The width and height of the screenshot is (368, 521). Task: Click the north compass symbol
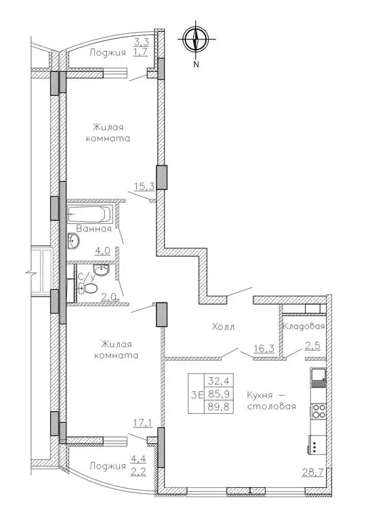196,39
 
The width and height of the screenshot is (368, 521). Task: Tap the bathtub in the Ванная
89,214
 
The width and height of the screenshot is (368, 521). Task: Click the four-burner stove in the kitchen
319,410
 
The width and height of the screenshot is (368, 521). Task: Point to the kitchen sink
319,377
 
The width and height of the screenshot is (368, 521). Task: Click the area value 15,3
144,187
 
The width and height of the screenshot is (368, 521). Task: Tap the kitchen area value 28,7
312,471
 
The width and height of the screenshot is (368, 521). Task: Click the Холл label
224,326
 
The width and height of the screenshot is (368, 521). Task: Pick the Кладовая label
304,326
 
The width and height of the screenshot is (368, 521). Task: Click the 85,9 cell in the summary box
219,393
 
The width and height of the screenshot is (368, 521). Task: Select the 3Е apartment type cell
197,394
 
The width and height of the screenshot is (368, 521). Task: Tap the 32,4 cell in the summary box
219,380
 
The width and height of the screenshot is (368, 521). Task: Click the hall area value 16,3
264,349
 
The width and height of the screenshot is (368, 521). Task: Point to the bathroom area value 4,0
102,251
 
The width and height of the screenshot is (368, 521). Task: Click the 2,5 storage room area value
312,346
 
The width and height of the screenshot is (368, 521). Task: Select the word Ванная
94,229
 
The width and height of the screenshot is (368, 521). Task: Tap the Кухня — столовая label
272,400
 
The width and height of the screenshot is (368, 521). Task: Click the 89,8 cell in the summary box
219,406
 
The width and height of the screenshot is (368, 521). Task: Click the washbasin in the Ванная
73,240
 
